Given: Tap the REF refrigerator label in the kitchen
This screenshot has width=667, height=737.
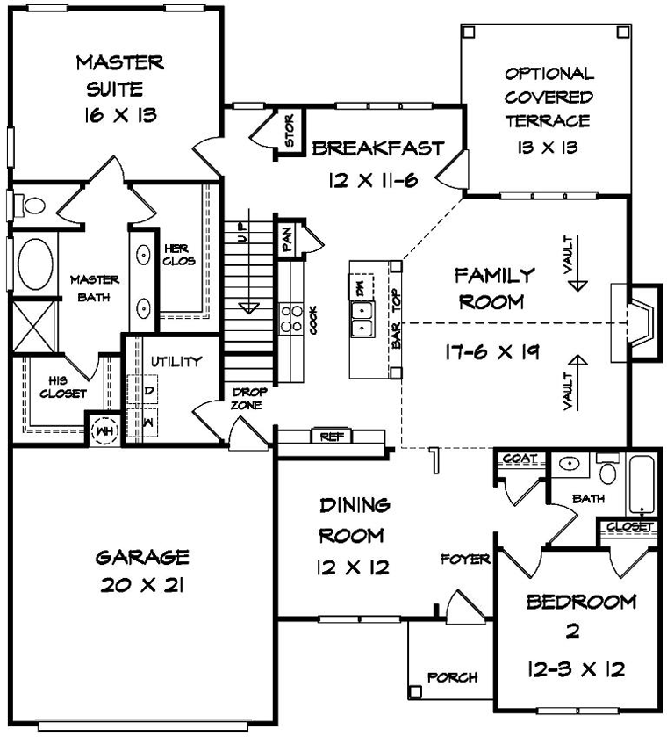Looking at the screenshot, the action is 332,437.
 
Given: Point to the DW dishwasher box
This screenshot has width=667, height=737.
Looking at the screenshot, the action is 361,286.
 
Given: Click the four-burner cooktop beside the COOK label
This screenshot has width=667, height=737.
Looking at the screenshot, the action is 291,319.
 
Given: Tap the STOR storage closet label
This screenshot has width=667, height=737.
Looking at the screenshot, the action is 290,130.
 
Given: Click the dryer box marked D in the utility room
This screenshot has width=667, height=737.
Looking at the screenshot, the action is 143,389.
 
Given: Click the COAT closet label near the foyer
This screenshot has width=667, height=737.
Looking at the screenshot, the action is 520,458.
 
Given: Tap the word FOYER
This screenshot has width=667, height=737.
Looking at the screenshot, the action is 465,560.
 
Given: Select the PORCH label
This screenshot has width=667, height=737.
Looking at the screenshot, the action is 452,677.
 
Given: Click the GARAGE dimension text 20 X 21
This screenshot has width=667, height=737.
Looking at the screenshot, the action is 142,585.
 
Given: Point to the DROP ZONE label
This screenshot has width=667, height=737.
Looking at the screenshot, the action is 250,398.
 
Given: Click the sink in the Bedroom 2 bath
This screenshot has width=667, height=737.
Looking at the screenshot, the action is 570,464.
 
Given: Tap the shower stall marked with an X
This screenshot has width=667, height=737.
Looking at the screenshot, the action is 34,326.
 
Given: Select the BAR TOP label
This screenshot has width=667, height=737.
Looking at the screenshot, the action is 397,318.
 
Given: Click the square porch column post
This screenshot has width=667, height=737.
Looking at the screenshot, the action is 415,691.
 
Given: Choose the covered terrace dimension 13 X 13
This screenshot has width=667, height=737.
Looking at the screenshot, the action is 548,148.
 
